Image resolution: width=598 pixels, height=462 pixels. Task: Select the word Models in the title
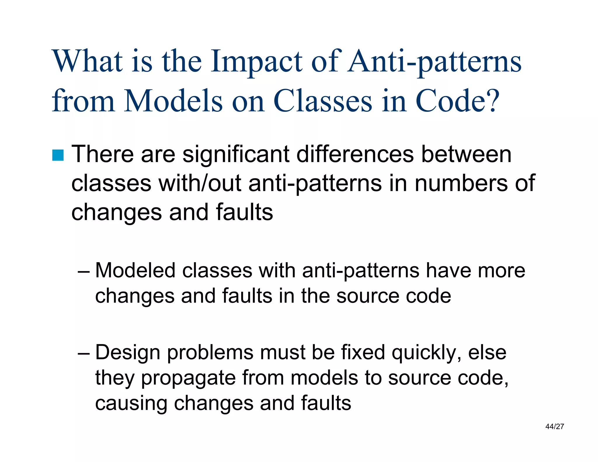click(173, 101)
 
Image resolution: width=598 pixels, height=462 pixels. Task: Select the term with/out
click(200, 183)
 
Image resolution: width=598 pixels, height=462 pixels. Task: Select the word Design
click(128, 353)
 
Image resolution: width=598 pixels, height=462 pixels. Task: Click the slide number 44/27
click(554, 427)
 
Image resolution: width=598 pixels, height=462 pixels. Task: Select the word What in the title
click(87, 62)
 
